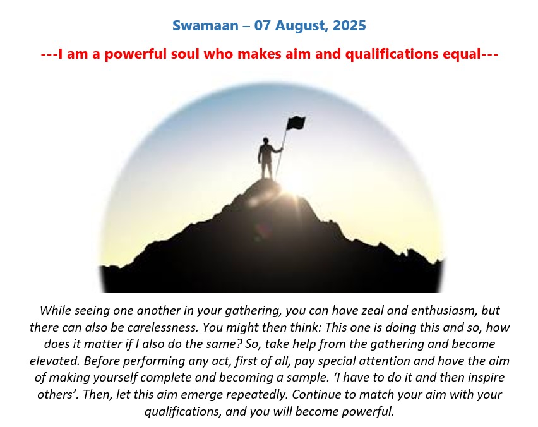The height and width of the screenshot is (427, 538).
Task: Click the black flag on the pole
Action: (296, 123)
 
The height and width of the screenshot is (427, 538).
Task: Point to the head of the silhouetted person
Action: (266, 141)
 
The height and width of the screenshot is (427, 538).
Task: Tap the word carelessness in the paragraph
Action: (163, 327)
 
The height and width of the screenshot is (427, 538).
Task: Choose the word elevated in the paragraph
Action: (54, 361)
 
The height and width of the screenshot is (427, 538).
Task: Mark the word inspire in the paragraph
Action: (484, 378)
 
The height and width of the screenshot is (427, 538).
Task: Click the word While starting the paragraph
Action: (55, 310)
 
